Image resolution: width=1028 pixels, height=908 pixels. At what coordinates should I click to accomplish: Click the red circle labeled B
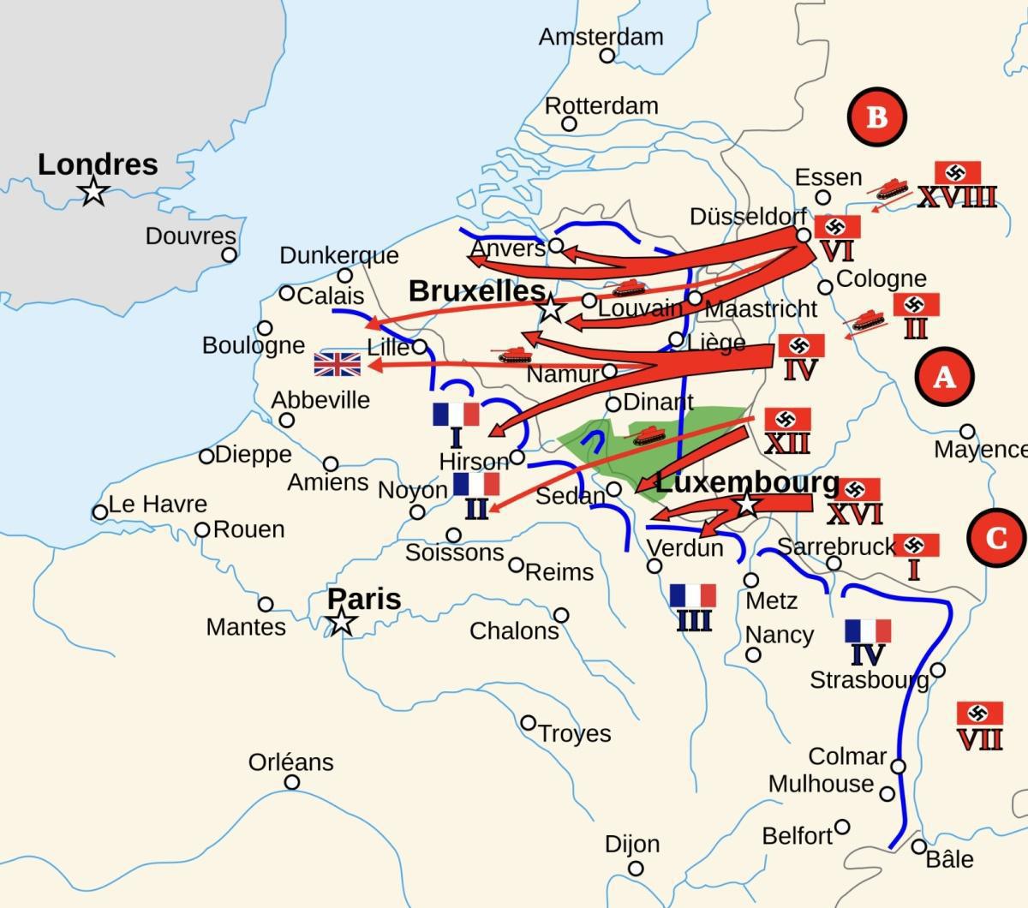point(876,116)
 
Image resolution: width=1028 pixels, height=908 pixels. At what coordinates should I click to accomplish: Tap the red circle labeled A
point(944,376)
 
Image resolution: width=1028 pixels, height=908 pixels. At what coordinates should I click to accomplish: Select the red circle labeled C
point(997,538)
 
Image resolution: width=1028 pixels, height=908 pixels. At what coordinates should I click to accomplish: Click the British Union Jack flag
point(338,364)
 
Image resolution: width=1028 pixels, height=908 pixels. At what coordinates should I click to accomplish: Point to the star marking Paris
point(343,622)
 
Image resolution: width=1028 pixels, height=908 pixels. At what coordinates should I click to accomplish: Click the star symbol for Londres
point(93,192)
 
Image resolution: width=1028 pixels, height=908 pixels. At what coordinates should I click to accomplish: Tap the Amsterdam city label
point(601,37)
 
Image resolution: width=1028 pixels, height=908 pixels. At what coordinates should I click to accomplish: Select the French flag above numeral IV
point(868,631)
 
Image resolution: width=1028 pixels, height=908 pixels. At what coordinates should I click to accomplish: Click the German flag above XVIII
point(957,172)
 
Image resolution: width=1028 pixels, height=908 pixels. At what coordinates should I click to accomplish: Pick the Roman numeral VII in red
point(979,739)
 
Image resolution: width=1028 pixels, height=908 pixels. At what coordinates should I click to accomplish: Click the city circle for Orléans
point(292,782)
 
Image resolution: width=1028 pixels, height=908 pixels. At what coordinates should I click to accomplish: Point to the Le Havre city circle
point(100,512)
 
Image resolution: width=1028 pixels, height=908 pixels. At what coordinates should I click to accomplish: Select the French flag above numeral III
point(693,595)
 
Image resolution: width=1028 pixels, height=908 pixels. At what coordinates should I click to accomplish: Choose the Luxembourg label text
point(747,482)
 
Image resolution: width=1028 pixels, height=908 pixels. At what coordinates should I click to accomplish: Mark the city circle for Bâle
point(918,846)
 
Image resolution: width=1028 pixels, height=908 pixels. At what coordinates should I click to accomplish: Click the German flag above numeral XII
point(787,420)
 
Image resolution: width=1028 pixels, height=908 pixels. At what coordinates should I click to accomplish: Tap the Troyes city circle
point(529,723)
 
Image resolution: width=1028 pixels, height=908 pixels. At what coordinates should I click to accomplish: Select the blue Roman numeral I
point(456,439)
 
